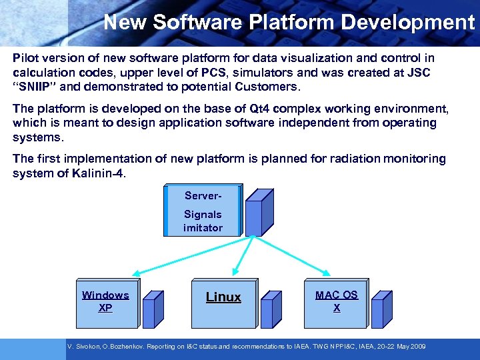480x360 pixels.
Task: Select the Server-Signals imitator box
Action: pos(203,211)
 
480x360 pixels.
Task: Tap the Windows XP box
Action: pos(105,302)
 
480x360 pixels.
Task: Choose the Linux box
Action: pos(223,302)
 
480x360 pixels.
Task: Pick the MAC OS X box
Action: pos(336,302)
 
